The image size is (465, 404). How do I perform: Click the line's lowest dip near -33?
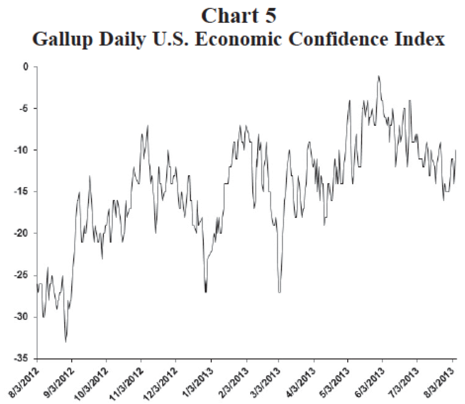tap(66, 341)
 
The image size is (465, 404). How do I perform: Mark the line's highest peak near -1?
tap(378, 76)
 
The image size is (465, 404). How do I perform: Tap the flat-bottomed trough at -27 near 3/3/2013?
tap(279, 292)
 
